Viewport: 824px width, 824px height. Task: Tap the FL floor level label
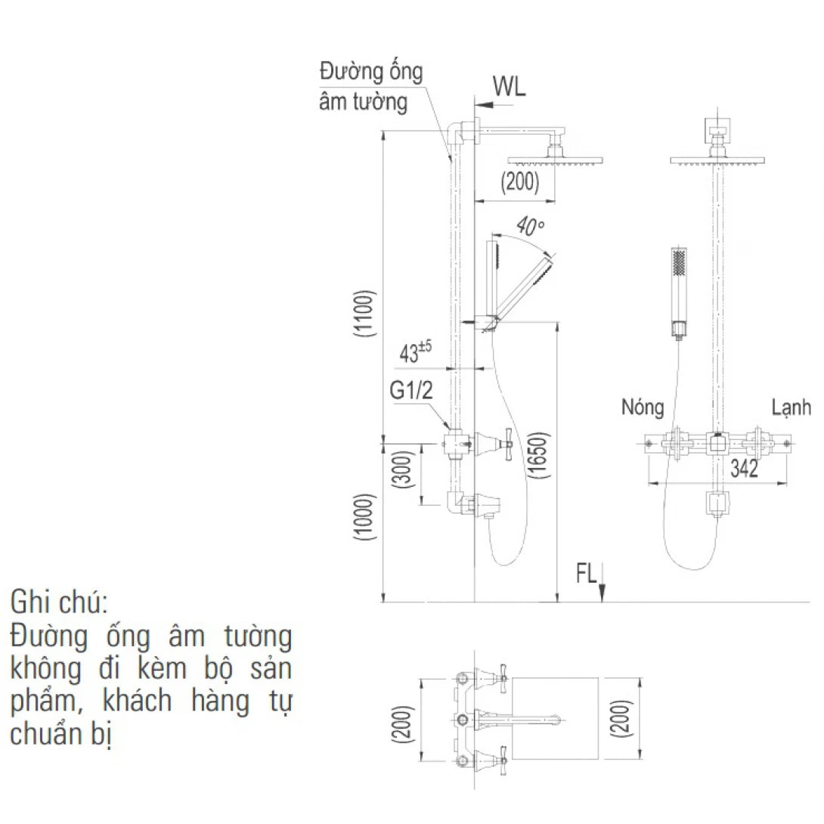(587, 575)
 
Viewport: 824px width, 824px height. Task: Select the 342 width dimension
(744, 469)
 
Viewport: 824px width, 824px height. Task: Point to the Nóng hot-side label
(643, 407)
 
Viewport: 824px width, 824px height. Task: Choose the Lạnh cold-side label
(791, 407)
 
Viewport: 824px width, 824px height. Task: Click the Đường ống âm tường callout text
(370, 87)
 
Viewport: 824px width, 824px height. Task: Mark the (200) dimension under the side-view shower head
(520, 183)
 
